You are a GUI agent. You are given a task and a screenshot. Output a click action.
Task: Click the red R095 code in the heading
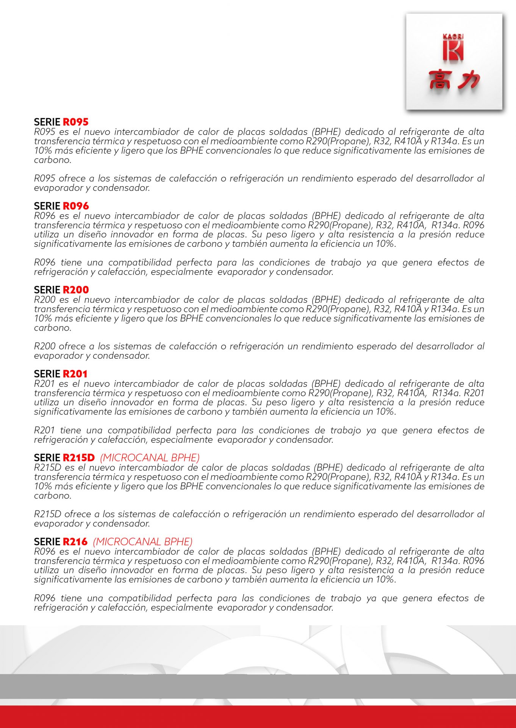click(75, 122)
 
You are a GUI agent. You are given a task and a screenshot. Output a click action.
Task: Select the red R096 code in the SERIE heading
click(75, 206)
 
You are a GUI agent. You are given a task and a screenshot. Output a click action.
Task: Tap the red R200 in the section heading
click(75, 290)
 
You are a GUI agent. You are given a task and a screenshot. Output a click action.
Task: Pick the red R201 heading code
click(75, 374)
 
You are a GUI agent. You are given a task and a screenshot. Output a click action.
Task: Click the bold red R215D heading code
click(78, 458)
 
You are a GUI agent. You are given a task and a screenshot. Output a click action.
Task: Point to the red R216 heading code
click(75, 542)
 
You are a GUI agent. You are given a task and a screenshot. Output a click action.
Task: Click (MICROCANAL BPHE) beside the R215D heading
click(150, 458)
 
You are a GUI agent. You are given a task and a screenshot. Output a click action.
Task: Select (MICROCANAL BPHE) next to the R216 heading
click(143, 542)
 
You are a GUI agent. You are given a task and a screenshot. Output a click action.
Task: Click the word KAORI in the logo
click(453, 36)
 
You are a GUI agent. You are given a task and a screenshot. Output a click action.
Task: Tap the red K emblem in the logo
click(453, 51)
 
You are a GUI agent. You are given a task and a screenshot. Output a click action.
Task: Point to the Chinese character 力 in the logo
click(468, 80)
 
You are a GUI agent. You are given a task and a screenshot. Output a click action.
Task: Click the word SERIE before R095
click(47, 122)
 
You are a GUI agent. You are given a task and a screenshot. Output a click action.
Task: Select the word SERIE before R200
click(47, 290)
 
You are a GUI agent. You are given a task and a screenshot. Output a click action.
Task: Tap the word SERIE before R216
click(47, 542)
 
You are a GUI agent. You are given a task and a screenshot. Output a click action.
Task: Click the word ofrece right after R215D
click(77, 514)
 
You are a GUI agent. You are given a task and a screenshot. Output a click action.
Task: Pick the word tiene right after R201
click(70, 430)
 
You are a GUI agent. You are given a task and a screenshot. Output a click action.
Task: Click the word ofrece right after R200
click(72, 346)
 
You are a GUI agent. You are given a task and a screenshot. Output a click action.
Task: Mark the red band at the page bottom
click(258, 717)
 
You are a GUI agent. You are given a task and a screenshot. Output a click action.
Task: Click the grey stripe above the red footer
click(258, 686)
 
